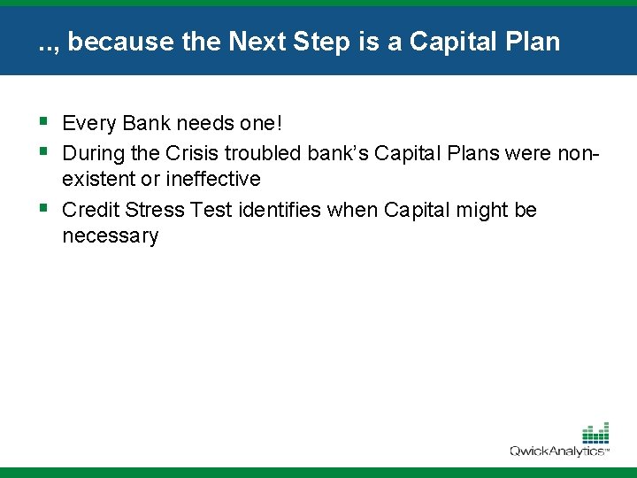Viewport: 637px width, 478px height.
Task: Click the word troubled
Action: [x=263, y=153]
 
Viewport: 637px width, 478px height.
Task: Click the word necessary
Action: [x=111, y=236]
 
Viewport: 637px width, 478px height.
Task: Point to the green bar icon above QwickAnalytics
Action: [x=595, y=433]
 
